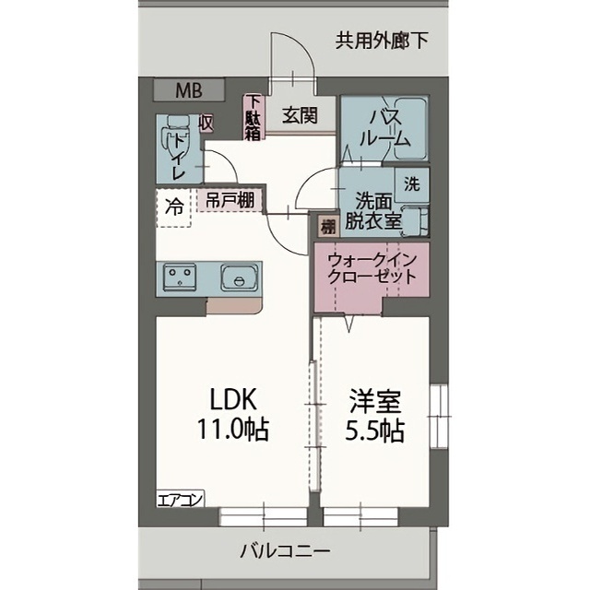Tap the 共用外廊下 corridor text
coord(382,40)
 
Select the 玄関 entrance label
coord(300,115)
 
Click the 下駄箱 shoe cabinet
coord(253,118)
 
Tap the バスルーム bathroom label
coord(383,129)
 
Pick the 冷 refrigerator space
coord(173,206)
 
